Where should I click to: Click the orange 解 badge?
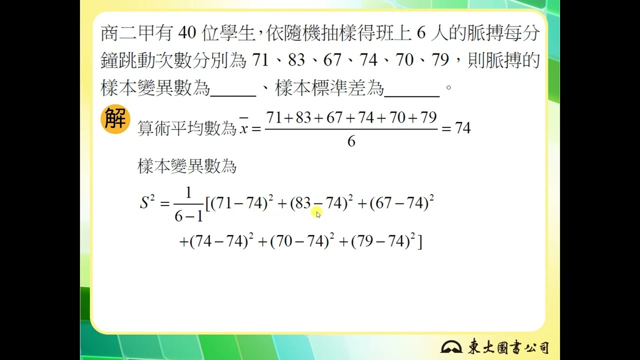pos(115,119)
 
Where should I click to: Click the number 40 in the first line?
pos(187,33)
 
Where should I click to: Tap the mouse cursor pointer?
pos(318,214)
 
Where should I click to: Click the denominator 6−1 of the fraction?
pos(188,216)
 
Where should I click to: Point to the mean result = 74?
pos(456,128)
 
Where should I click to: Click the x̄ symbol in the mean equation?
pos(243,126)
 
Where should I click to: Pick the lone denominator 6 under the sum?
pos(351,141)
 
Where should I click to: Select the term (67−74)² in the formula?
pos(401,202)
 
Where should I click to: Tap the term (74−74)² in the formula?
pos(221,240)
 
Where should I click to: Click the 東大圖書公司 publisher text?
pos(508,346)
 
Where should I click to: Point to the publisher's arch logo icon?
pos(451,346)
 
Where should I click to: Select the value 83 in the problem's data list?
pos(296,60)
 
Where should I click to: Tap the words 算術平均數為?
pos(187,128)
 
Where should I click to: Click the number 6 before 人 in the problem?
pos(421,33)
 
